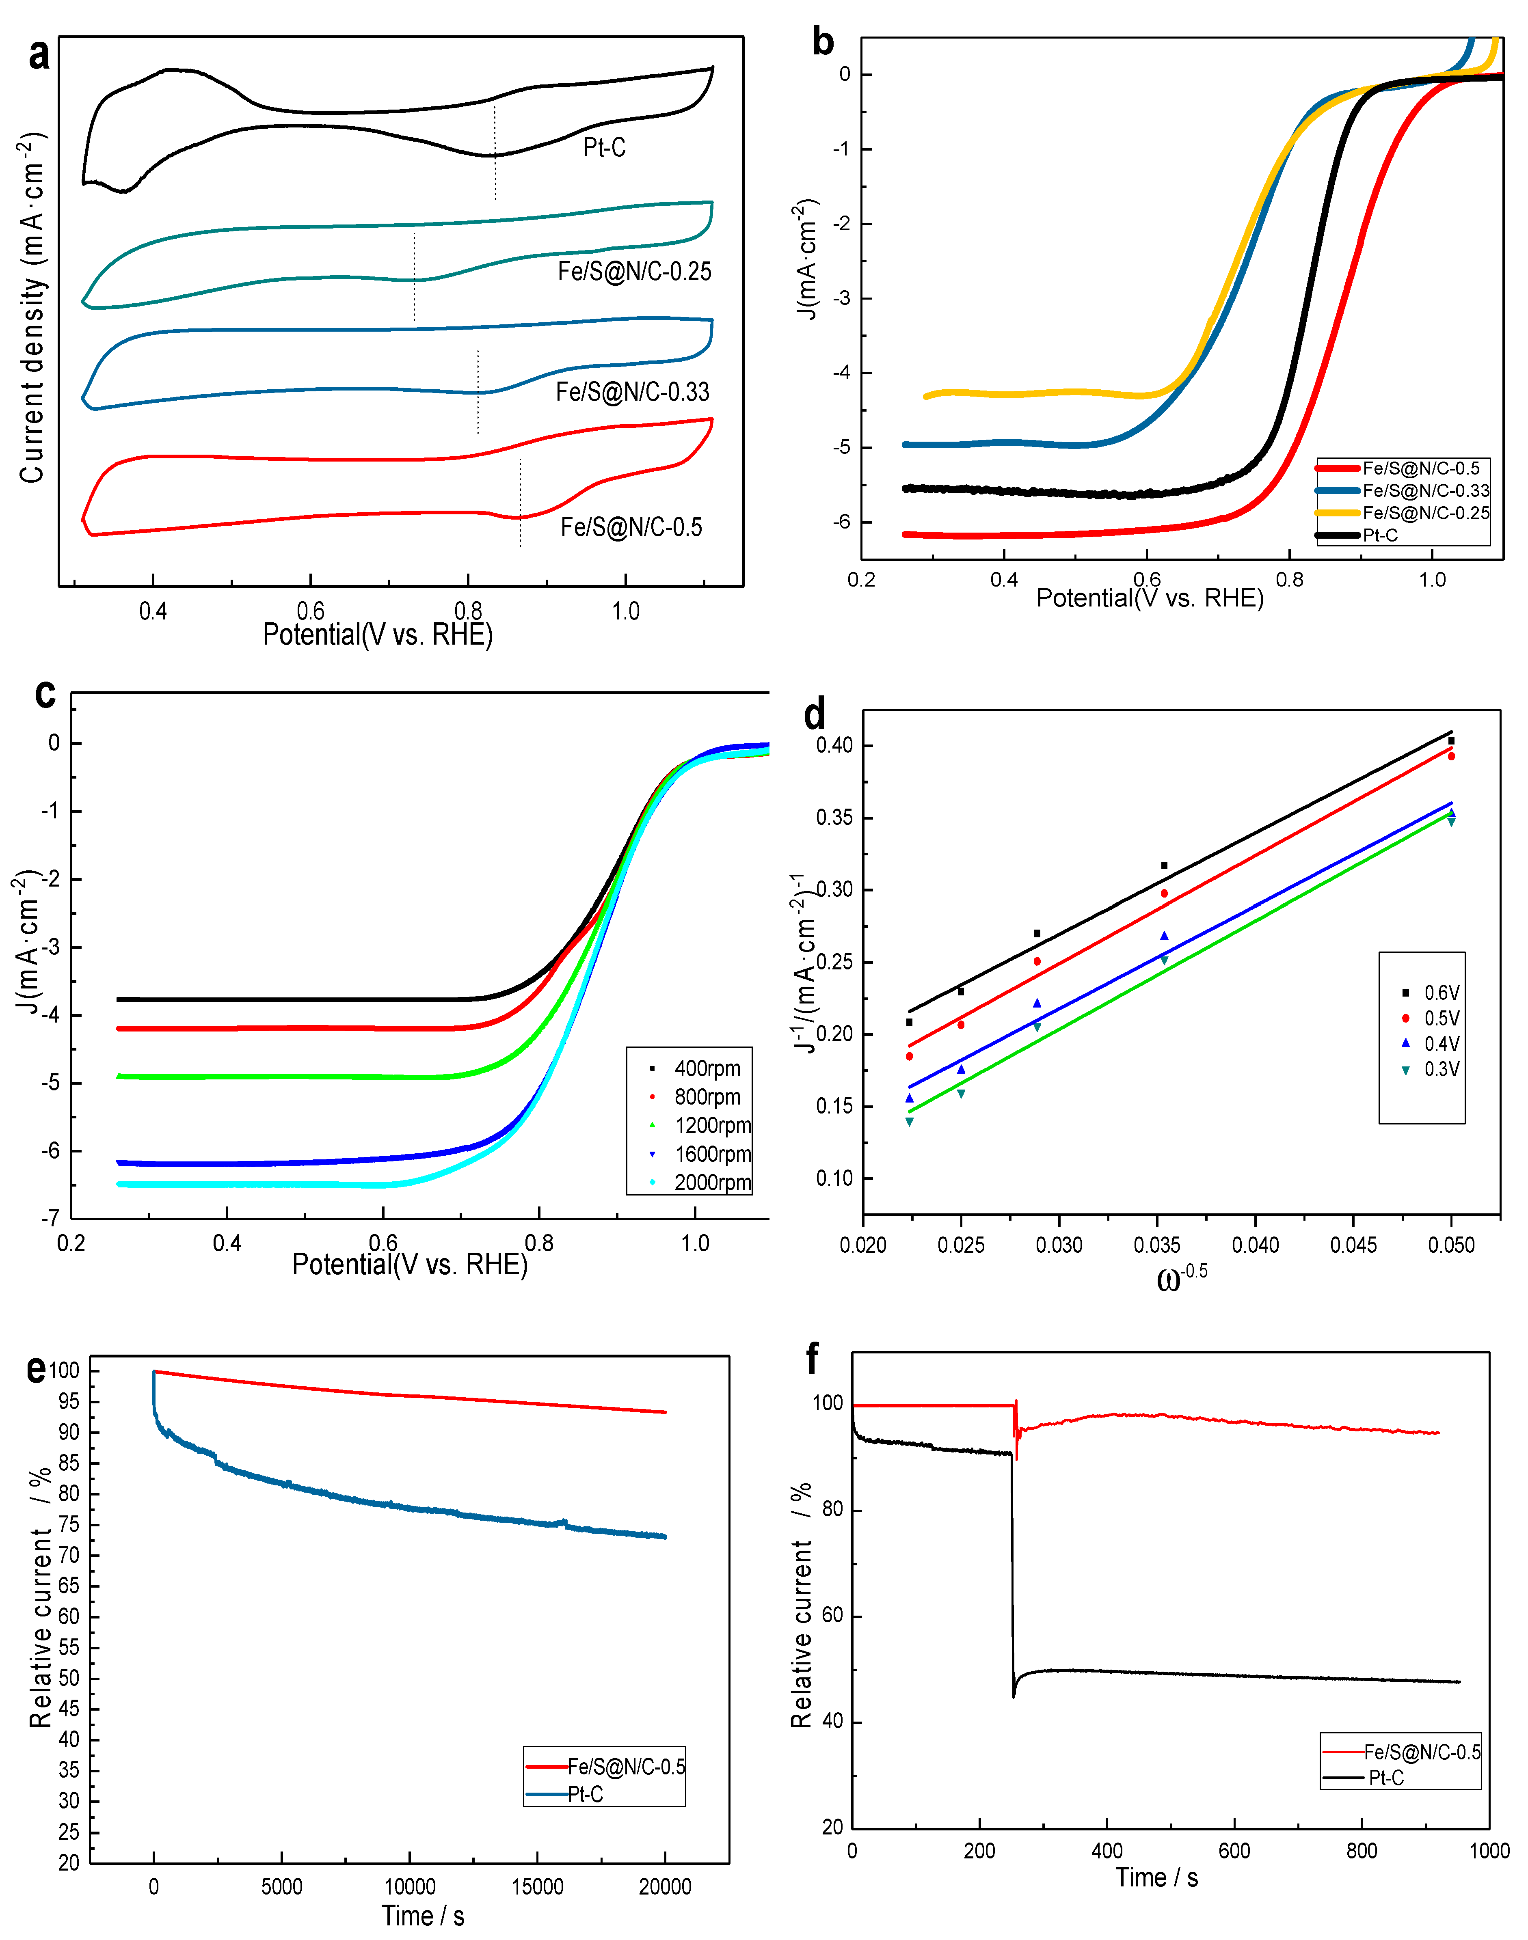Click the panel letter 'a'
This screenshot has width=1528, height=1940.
pyautogui.click(x=39, y=56)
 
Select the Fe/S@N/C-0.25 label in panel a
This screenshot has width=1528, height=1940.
pyautogui.click(x=634, y=271)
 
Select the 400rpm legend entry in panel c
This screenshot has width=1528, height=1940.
pyautogui.click(x=707, y=1068)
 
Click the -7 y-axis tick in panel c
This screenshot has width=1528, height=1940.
pyautogui.click(x=51, y=1218)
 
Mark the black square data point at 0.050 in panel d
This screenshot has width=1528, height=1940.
pyautogui.click(x=1451, y=740)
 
